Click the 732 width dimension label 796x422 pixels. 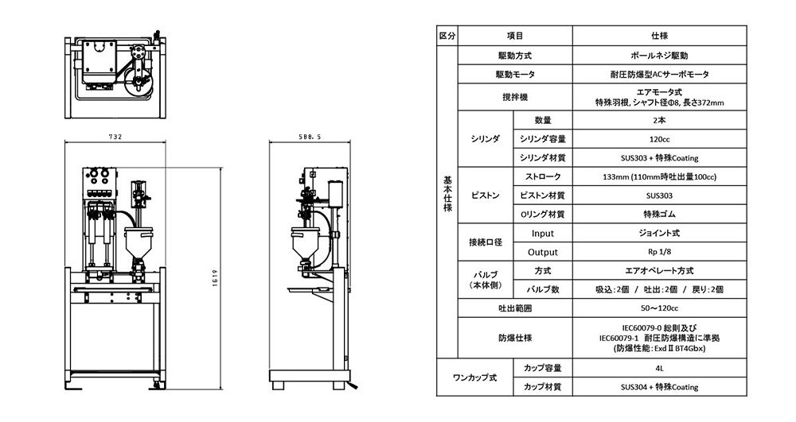[115, 137]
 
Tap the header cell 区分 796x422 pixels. [447, 36]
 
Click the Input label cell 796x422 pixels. [543, 233]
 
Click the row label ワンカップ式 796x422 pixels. [475, 377]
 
